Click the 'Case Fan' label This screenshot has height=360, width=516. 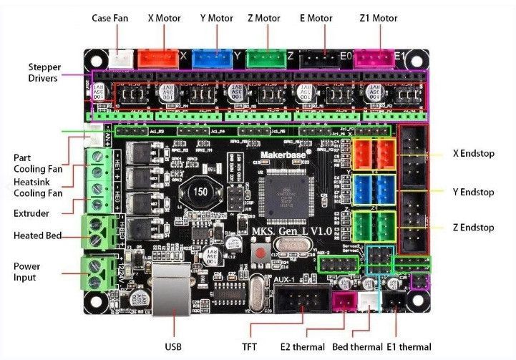tap(110, 17)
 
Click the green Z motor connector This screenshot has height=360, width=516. tap(265, 58)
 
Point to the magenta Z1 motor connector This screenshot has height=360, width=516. tap(374, 58)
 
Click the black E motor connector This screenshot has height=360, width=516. tap(319, 58)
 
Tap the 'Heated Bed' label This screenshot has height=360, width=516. tap(38, 235)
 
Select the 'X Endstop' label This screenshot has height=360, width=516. tap(473, 153)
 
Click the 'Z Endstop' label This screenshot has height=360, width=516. tap(473, 228)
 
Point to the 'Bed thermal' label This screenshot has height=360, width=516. tap(356, 347)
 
